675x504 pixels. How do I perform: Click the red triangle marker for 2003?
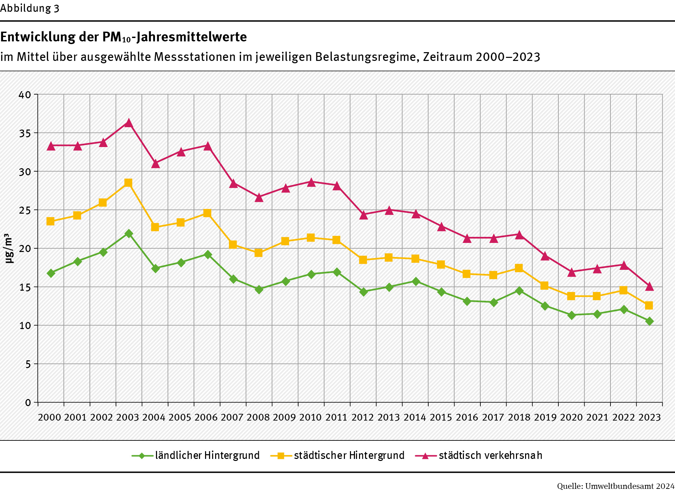point(128,123)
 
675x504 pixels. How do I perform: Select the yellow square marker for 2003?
point(128,183)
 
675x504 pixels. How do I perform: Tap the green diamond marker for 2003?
point(129,233)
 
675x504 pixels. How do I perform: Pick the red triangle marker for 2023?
point(649,287)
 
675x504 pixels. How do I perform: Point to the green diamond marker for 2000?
point(51,273)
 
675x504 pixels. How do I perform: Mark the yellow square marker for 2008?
point(259,253)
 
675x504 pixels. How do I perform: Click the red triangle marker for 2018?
point(519,235)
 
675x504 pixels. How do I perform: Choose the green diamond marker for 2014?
point(416,281)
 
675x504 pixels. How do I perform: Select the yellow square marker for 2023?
point(649,305)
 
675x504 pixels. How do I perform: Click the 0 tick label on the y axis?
point(28,403)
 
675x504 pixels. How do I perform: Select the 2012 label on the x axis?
point(363,418)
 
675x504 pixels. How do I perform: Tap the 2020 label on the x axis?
point(571,418)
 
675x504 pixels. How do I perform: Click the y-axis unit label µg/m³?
point(9,248)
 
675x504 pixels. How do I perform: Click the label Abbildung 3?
point(30,8)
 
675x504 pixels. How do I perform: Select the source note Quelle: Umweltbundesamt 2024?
point(616,486)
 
